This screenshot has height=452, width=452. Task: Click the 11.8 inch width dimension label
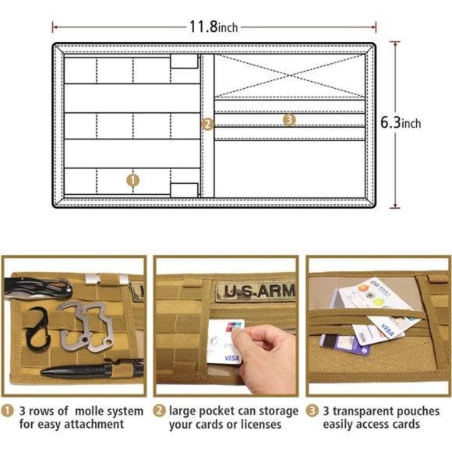point(214,27)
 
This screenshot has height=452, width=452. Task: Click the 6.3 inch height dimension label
point(401,123)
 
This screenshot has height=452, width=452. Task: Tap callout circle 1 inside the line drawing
point(133,179)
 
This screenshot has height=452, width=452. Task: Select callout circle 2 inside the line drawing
point(207,123)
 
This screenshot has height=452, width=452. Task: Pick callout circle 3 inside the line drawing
point(289,120)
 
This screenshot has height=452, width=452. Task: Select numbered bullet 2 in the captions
point(159,410)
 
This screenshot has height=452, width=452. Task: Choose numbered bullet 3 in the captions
point(312,410)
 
